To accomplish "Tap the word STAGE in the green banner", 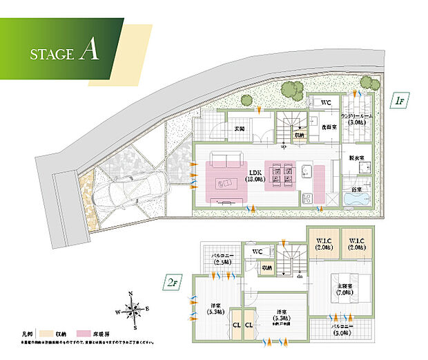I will point(51,54).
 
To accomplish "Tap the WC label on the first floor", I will point(327,103).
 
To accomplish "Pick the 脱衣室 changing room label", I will point(356,158).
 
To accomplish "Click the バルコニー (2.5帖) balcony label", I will point(222,260).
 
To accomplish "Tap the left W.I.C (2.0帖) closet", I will point(321,243).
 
